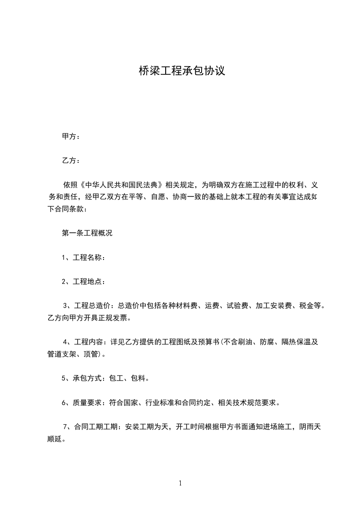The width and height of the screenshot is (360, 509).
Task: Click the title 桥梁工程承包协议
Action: click(x=182, y=71)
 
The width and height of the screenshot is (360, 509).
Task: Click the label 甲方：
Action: click(x=71, y=136)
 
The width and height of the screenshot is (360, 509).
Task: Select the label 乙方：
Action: click(x=71, y=160)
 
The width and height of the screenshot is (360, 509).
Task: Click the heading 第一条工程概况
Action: click(x=87, y=233)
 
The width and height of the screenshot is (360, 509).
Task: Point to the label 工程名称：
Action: click(x=89, y=258)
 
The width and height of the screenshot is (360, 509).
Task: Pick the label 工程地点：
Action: click(x=89, y=282)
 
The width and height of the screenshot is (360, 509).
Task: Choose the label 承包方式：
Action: click(x=89, y=378)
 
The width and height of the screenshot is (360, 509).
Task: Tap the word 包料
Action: click(x=138, y=378)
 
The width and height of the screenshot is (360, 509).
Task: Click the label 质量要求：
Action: click(x=89, y=402)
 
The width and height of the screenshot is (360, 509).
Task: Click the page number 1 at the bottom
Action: click(x=180, y=483)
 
